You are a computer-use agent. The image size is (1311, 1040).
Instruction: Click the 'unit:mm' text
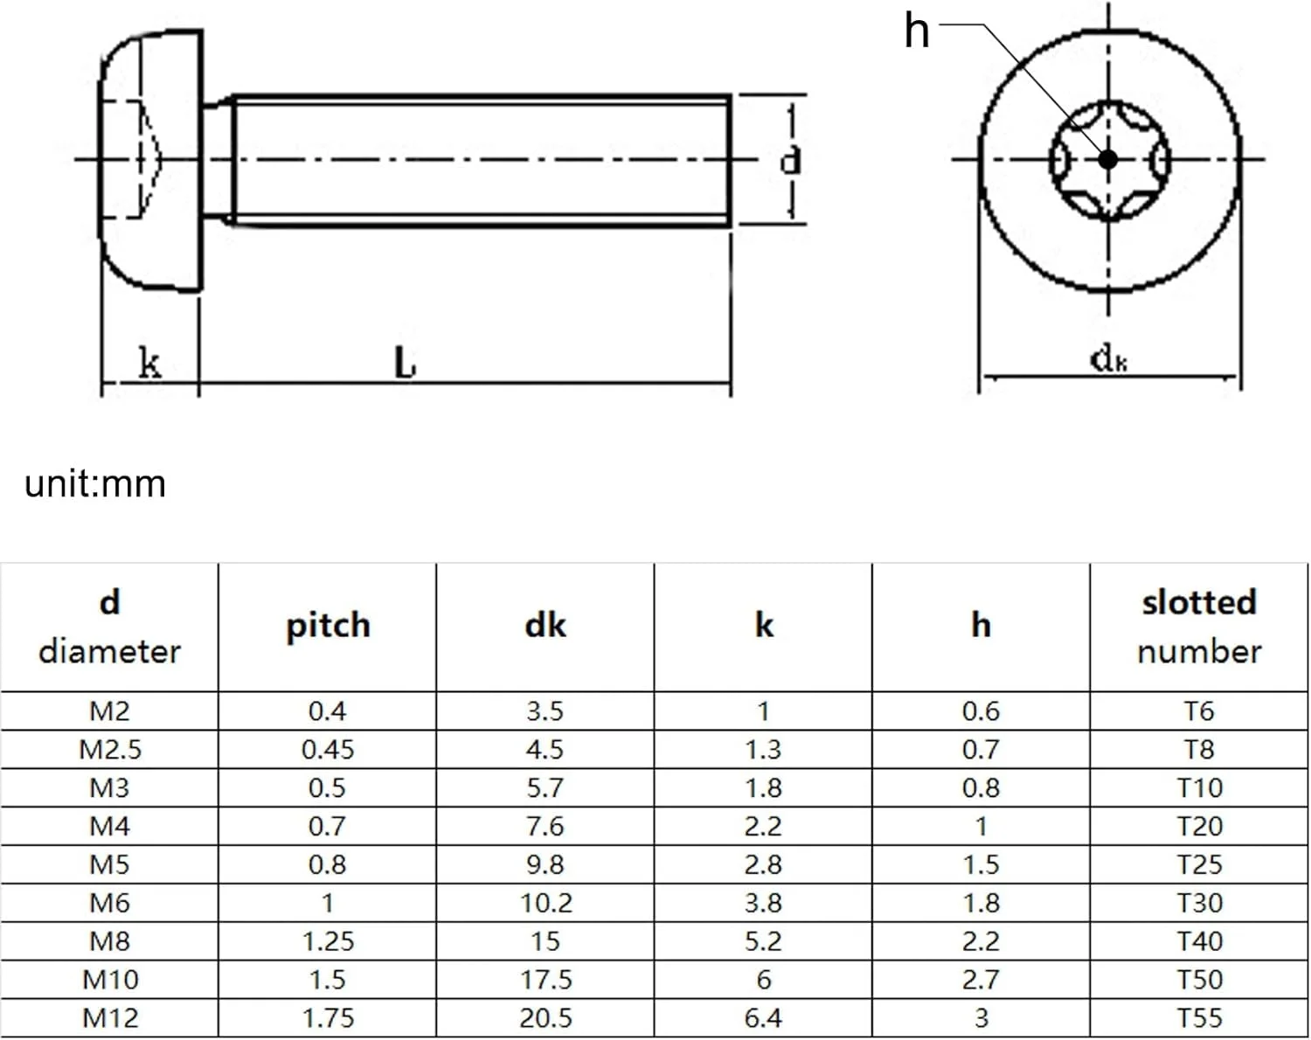pyautogui.click(x=94, y=483)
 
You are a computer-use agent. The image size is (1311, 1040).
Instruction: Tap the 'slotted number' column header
pyautogui.click(x=1198, y=626)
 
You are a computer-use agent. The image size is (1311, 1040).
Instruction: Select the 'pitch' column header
pyautogui.click(x=328, y=626)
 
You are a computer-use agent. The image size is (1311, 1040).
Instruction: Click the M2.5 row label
pyautogui.click(x=109, y=750)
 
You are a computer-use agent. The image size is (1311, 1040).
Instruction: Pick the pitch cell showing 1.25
pyautogui.click(x=328, y=941)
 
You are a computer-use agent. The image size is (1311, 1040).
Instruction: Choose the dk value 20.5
pyautogui.click(x=545, y=1018)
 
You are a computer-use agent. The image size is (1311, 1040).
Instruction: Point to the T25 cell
pyautogui.click(x=1198, y=864)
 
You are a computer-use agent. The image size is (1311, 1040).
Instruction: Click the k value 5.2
pyautogui.click(x=763, y=941)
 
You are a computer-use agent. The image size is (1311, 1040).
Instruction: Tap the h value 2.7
pyautogui.click(x=981, y=980)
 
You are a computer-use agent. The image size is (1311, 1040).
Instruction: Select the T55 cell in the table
pyautogui.click(x=1198, y=1018)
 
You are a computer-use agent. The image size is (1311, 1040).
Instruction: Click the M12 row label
pyautogui.click(x=109, y=1018)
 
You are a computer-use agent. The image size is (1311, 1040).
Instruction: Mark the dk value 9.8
pyautogui.click(x=545, y=864)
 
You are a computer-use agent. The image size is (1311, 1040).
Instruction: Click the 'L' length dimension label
pyautogui.click(x=404, y=363)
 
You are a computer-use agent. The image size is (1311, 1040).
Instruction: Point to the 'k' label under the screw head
pyautogui.click(x=149, y=362)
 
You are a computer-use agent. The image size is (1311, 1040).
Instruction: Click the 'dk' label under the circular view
pyautogui.click(x=1108, y=358)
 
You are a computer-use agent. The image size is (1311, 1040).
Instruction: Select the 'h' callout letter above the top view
pyautogui.click(x=916, y=31)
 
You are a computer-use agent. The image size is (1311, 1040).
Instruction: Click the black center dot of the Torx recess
pyautogui.click(x=1107, y=159)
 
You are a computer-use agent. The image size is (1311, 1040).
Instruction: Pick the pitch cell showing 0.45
pyautogui.click(x=328, y=750)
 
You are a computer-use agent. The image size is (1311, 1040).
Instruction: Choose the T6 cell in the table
pyautogui.click(x=1198, y=711)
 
